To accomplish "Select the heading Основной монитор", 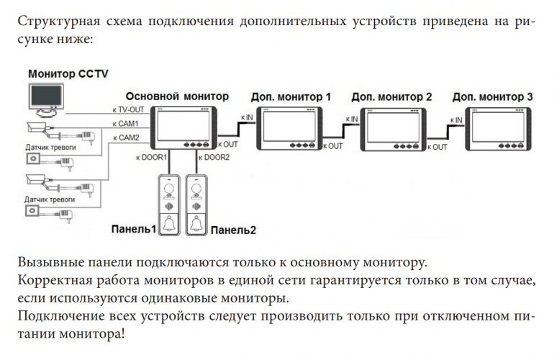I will [177, 95].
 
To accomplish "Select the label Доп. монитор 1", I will [291, 96].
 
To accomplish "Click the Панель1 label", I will [134, 230].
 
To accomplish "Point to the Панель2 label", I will [233, 230].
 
